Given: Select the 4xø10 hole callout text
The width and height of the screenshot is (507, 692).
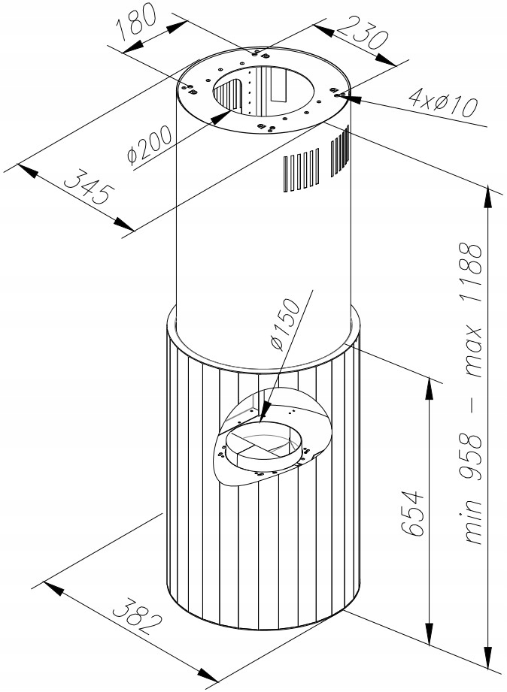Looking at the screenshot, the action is [443, 102].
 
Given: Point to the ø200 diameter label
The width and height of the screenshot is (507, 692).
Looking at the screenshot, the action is [149, 145].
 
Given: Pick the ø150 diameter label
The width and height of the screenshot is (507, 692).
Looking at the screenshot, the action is [286, 325].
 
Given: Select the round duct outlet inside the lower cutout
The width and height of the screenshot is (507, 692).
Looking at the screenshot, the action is [264, 444].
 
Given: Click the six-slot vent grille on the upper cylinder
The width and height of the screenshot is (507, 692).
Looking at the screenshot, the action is [301, 170].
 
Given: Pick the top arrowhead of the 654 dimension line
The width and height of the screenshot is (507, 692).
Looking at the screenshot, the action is [430, 388].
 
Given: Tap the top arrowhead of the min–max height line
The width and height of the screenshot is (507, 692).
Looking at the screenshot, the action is [488, 196].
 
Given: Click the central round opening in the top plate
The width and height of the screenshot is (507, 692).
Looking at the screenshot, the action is [263, 92].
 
